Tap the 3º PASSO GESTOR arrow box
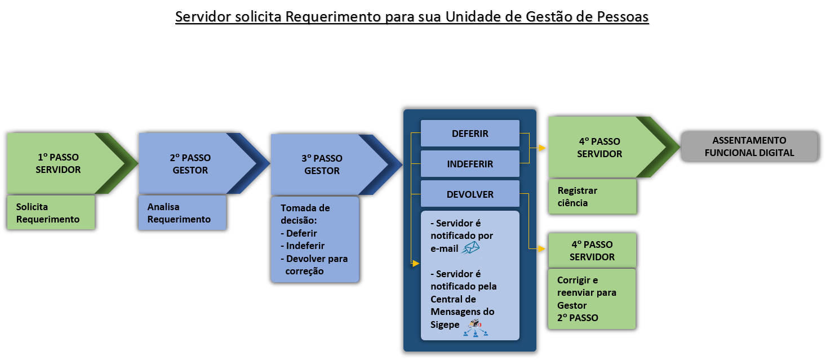(322, 165)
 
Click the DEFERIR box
(470, 134)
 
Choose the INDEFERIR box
(470, 164)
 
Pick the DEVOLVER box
(470, 194)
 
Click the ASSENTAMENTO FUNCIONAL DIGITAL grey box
(749, 146)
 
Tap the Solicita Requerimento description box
(51, 213)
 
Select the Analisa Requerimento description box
(182, 213)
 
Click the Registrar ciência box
(592, 197)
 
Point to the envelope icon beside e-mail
(470, 248)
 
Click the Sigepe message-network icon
(476, 327)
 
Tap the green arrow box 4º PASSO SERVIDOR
(601, 148)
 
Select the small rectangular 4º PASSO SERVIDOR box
(592, 251)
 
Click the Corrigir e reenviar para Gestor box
(592, 299)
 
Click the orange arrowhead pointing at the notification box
(416, 263)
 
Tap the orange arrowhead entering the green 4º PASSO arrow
(542, 148)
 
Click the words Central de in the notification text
(453, 299)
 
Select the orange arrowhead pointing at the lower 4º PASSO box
(542, 248)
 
